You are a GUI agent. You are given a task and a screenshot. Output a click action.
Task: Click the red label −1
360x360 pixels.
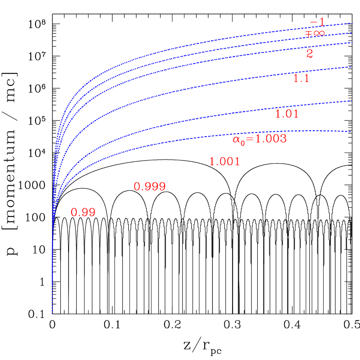pos(317,23)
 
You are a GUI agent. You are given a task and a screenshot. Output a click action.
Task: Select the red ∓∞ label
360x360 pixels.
pos(315,33)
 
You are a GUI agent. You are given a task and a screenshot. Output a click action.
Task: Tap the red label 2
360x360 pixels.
pos(310,54)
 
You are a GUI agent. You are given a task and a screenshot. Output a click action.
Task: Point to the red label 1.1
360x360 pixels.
pos(301,79)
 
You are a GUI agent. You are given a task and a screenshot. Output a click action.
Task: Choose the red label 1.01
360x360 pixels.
pos(287,114)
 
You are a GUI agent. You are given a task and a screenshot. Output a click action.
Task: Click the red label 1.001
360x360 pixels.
pos(224,162)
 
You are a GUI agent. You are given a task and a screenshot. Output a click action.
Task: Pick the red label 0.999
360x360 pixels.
pos(150,187)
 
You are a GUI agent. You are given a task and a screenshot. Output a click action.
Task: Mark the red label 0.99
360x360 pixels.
pos(83,213)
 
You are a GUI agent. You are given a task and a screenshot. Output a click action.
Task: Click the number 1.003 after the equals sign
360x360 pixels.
pos(270,139)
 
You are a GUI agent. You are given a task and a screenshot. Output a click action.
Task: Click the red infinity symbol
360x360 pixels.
pos(319,33)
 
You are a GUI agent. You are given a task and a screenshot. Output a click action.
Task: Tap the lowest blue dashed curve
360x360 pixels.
pos(217,138)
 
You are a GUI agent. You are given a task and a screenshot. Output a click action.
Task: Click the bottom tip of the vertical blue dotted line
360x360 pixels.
pos(52,313)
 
